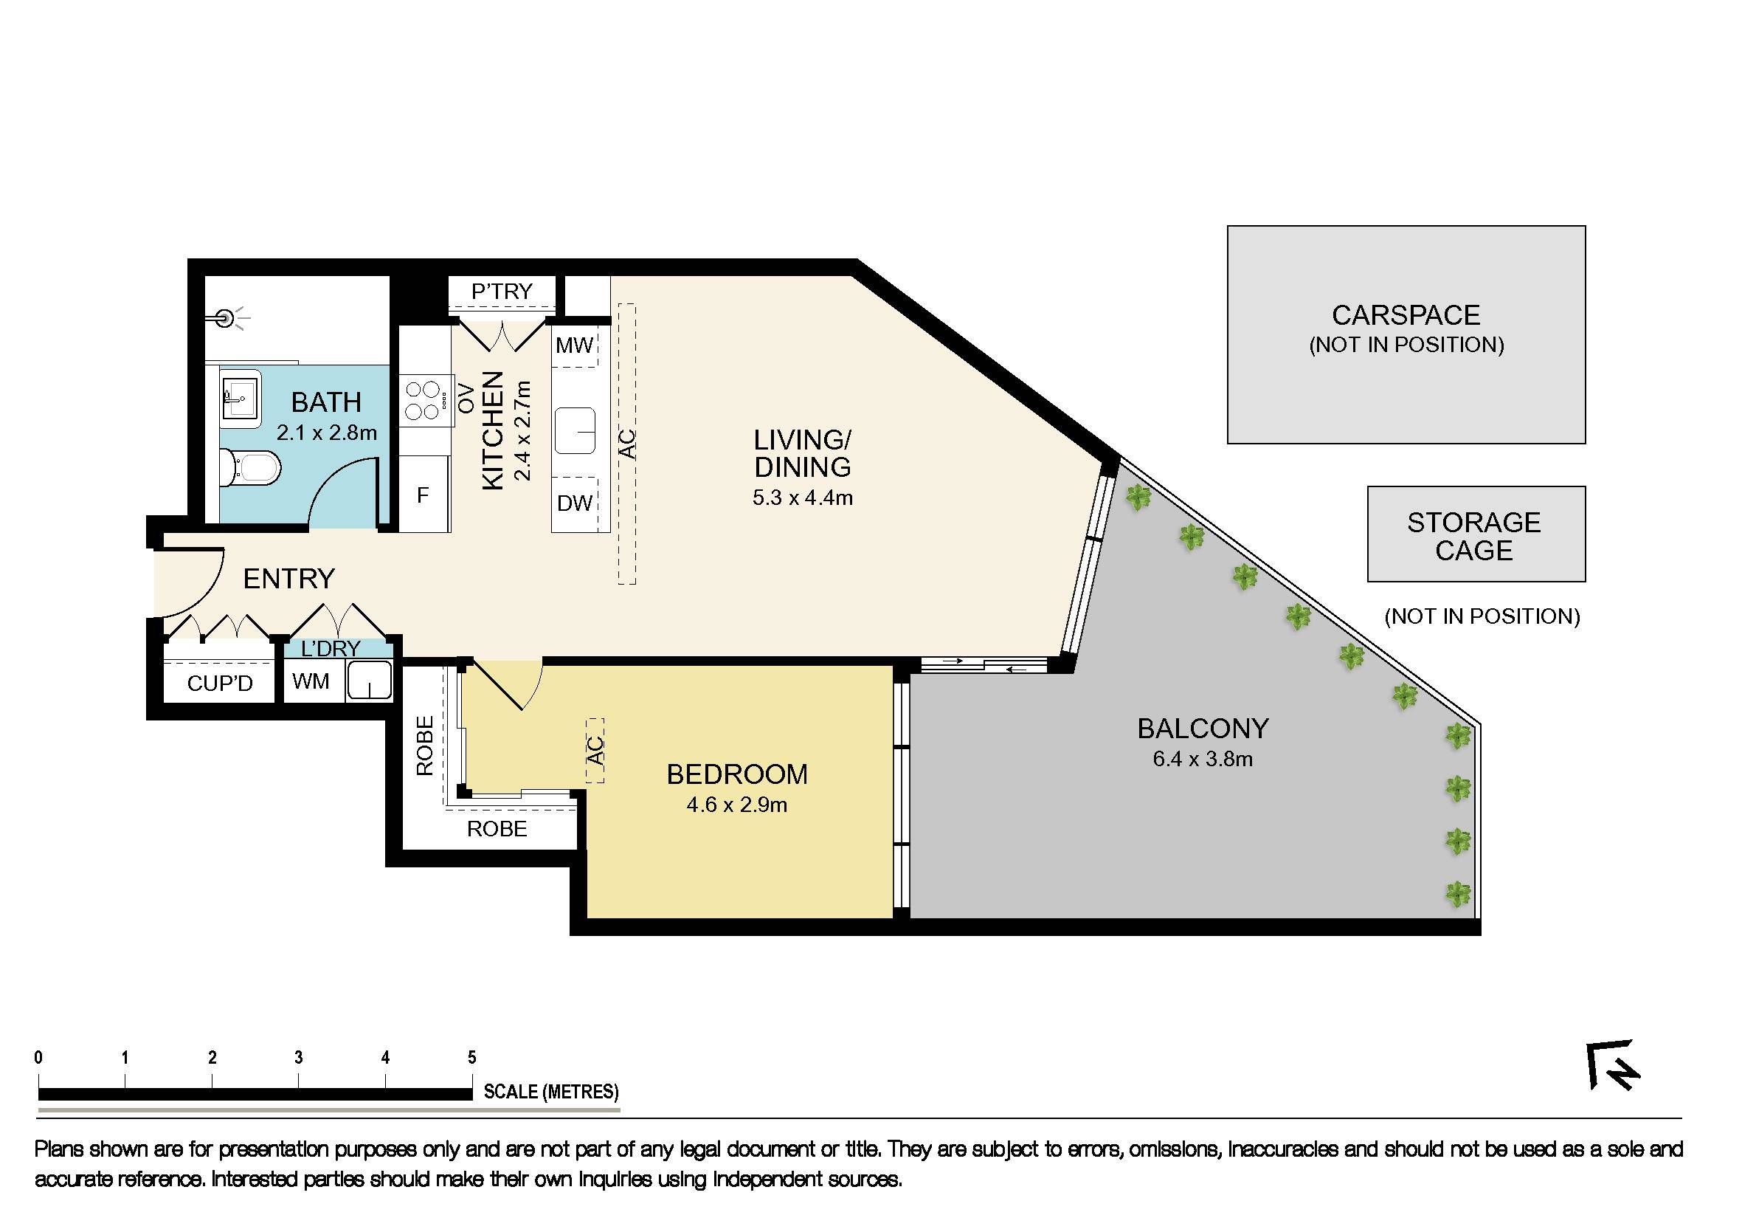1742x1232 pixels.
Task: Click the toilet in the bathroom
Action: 250,467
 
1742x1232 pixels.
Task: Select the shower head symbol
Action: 224,317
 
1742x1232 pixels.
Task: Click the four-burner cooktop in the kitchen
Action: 424,401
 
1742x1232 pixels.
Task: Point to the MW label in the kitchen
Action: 574,346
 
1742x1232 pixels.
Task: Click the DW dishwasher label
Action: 574,503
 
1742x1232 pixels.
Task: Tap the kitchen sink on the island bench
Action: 574,431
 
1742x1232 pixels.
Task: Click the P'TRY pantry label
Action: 502,292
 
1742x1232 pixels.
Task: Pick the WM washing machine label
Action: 311,681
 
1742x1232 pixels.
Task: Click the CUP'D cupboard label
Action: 219,684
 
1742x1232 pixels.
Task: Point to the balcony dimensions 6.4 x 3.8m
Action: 1203,759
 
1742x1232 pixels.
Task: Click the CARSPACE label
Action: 1406,316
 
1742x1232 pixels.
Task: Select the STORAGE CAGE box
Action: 1476,535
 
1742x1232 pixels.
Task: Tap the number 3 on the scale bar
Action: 299,1057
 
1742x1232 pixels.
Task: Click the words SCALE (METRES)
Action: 551,1092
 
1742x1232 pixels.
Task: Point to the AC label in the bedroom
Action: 595,751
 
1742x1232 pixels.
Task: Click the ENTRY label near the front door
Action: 288,579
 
